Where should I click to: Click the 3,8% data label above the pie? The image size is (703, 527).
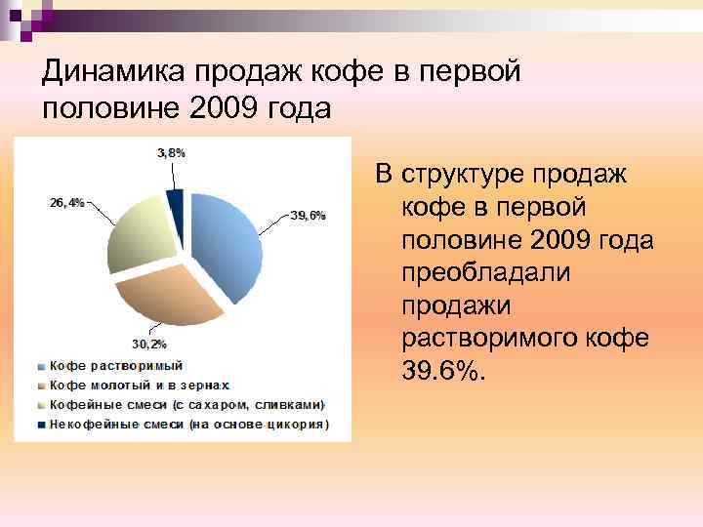pos(172,153)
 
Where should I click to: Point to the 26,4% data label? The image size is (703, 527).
pos(66,203)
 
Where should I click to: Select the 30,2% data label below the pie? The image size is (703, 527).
pos(149,344)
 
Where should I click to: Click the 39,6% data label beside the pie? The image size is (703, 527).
pos(308,216)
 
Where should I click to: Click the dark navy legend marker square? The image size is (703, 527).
pos(40,425)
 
